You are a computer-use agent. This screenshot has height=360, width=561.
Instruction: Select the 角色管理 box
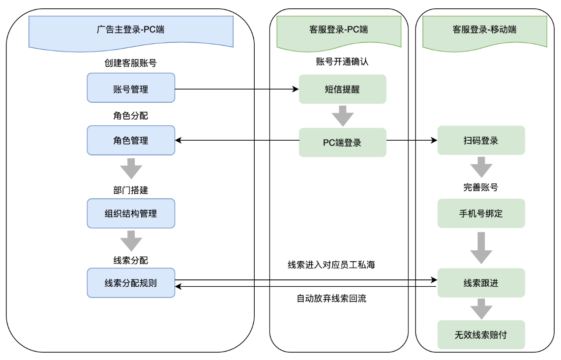tap(131, 141)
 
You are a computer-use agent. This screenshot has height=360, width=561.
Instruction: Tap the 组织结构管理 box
tap(131, 213)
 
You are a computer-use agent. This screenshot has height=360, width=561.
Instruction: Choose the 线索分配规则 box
tap(131, 283)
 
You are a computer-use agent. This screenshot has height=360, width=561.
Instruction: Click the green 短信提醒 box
tap(342, 89)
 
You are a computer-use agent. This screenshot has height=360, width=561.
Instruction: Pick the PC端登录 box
tap(342, 143)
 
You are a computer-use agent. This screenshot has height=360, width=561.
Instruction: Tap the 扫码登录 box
tap(481, 141)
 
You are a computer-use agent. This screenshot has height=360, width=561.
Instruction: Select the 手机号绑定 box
tap(481, 213)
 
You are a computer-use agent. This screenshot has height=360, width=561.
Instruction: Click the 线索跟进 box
tap(481, 283)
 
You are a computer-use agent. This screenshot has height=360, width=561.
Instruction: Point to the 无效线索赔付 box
tap(481, 335)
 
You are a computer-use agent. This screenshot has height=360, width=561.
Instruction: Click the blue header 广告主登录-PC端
tap(131, 30)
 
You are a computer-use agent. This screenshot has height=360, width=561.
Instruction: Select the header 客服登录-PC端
tap(339, 30)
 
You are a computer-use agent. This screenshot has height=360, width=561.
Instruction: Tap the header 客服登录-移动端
tap(484, 30)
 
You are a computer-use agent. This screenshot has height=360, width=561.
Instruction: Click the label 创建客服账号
tap(131, 63)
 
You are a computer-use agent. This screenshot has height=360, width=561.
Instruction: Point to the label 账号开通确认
tap(342, 62)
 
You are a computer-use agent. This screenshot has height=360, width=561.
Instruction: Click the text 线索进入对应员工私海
tap(331, 265)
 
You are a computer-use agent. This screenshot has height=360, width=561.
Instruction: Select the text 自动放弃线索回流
tap(331, 299)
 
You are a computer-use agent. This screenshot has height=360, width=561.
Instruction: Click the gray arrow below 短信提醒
tap(342, 117)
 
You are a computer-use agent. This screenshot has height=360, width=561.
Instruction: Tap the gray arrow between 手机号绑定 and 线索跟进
tap(481, 248)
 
